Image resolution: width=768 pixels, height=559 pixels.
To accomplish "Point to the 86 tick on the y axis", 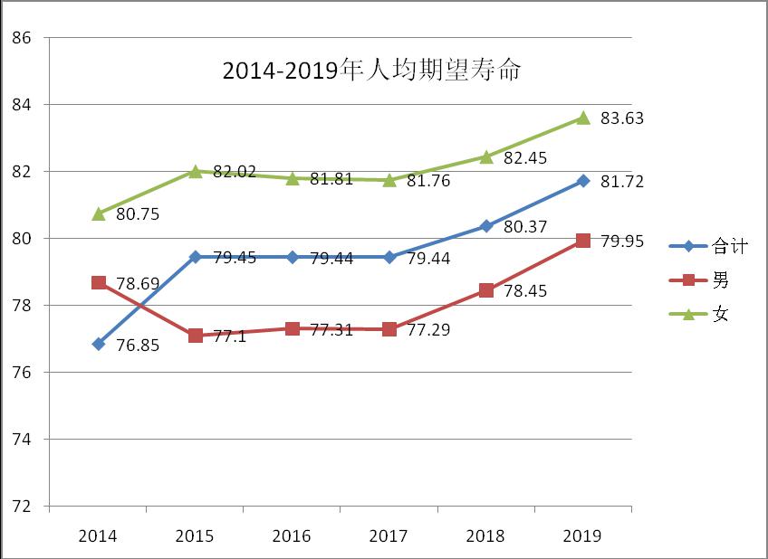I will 23,38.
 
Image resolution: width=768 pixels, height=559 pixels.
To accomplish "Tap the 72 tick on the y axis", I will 23,507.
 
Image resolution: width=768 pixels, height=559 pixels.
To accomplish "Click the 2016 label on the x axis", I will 292,536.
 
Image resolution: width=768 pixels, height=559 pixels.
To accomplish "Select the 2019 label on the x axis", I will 582,536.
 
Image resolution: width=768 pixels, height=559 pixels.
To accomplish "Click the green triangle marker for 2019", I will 583,118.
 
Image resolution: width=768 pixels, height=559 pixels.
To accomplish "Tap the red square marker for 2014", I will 99,283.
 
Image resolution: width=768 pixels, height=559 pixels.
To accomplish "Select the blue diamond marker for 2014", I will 99,344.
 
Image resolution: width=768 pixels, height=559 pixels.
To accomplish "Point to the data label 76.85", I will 139,346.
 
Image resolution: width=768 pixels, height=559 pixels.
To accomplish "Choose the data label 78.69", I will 139,284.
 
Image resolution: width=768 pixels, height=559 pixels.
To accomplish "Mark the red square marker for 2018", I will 486,290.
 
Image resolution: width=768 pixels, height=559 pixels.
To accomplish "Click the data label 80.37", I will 525,227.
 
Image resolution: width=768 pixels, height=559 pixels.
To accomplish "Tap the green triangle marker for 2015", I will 196,171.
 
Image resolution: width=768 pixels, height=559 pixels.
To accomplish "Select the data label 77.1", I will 230,336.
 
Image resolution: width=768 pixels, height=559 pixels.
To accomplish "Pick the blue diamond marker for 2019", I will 583,181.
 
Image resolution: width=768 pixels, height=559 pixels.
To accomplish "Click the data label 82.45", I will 525,158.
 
